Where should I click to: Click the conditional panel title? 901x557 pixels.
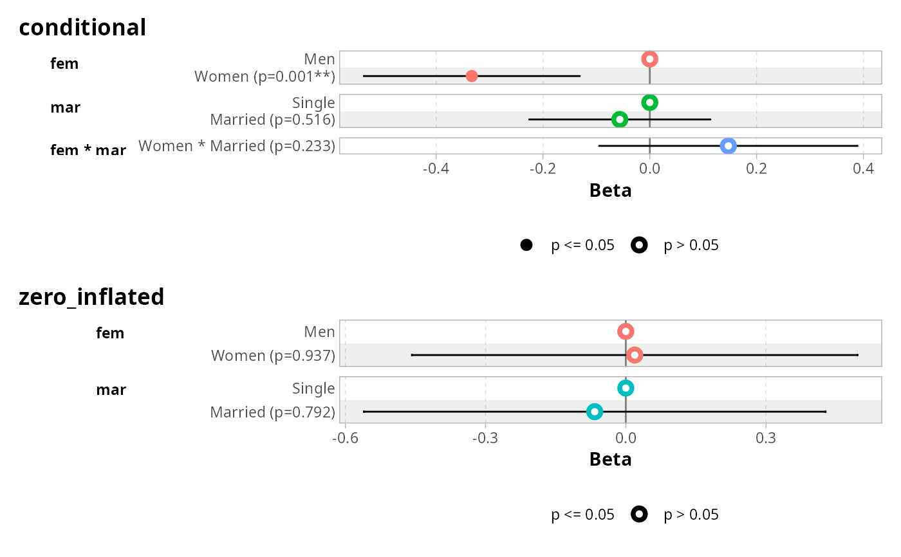tap(82, 28)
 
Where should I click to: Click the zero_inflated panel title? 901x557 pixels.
tap(91, 297)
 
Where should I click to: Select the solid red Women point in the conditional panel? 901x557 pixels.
tap(472, 76)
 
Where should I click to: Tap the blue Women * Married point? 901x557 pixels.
tap(728, 146)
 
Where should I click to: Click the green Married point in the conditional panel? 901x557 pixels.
tap(620, 119)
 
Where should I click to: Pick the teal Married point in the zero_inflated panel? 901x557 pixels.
tap(595, 412)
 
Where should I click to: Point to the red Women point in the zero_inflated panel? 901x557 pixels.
tap(635, 355)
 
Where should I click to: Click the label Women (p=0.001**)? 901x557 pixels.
tap(265, 77)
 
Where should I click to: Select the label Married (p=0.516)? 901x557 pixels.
tap(272, 120)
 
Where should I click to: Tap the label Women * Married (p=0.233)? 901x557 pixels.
tap(237, 146)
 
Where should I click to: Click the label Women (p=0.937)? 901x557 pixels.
tap(273, 356)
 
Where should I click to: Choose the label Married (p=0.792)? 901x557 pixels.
tap(272, 412)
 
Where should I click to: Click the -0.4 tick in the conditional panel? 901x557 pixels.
tap(436, 169)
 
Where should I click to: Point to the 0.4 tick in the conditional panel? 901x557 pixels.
tap(863, 169)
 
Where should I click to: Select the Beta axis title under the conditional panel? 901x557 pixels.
tap(610, 190)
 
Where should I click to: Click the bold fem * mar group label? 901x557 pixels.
tap(88, 151)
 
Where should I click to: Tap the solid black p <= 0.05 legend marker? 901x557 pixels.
tap(526, 245)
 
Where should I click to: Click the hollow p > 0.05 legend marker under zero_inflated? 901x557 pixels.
tap(639, 515)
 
